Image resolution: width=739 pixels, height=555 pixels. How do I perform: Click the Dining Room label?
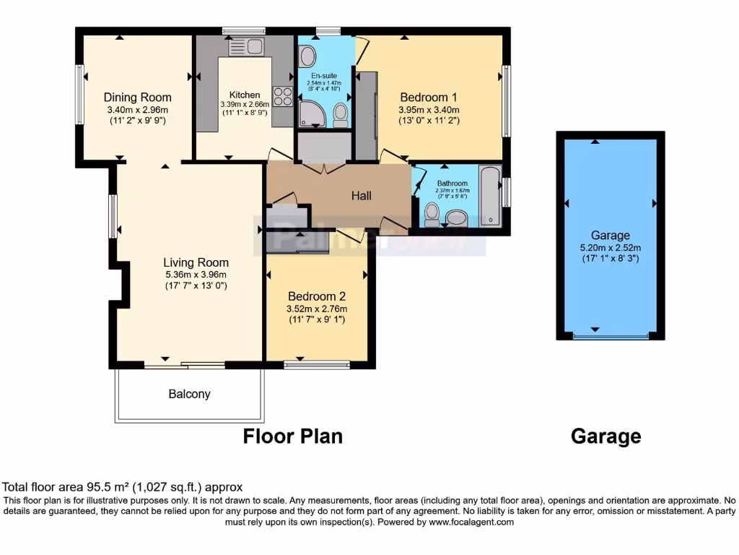137,98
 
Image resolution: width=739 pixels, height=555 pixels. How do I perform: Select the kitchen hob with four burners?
281,96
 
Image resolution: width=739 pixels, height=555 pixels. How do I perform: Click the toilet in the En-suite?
341,114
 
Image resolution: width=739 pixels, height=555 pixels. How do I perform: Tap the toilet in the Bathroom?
432,213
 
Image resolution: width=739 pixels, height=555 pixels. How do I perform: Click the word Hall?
362,195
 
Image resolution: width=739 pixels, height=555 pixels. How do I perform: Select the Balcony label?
189,394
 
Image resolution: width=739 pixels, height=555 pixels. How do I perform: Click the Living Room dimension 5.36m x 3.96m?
196,275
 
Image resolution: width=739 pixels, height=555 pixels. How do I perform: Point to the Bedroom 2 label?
317,296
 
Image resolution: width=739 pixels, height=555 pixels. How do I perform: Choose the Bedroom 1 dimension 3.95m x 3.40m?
429,110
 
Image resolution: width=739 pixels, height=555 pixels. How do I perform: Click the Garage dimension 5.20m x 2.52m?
610,247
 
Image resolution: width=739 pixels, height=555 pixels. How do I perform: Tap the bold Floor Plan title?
292,436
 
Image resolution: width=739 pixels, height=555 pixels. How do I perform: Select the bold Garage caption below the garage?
605,436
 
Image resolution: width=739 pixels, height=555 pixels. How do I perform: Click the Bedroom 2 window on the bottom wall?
317,365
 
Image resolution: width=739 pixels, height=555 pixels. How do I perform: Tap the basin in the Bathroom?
456,217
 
